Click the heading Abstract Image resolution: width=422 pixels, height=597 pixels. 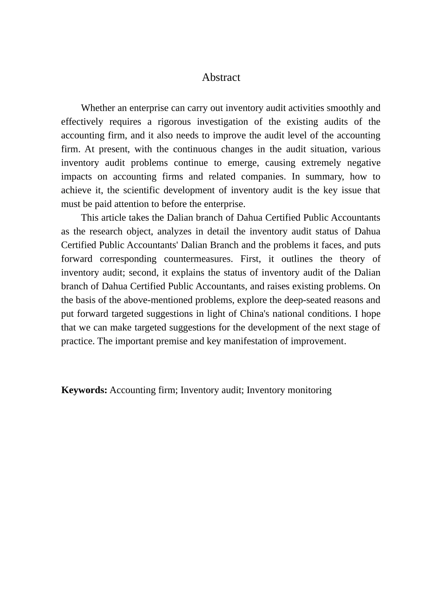(221, 77)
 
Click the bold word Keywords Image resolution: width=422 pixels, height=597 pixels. (84, 390)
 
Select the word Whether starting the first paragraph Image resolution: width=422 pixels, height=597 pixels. (98, 108)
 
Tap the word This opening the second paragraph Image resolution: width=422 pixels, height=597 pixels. (89, 218)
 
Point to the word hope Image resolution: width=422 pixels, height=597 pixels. (370, 314)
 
